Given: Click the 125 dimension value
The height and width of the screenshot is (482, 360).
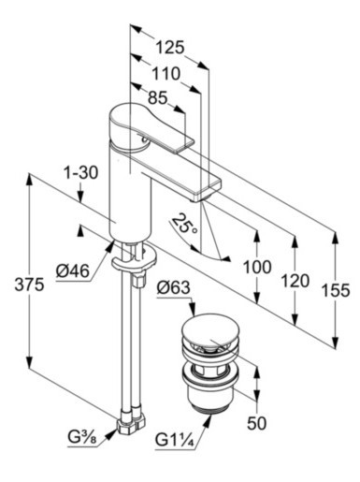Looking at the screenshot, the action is pos(170,48).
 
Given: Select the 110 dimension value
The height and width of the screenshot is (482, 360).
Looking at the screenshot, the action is pos(166,74).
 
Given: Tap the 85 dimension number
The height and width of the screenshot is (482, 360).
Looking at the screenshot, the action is pos(158,97).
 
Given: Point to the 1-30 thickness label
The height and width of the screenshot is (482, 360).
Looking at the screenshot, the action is pos(80,172).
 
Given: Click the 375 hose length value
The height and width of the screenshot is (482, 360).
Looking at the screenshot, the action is pos(29,285).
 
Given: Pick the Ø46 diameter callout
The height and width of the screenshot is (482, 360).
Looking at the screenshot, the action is pos(73,270).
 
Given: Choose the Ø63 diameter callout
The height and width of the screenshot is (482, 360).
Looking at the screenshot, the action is pos(173,287).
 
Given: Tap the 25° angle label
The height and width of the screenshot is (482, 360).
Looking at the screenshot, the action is pos(185,224).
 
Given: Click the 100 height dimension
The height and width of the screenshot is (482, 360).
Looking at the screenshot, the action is pos(257,267).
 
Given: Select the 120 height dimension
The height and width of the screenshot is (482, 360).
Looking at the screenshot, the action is pos(295,281).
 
